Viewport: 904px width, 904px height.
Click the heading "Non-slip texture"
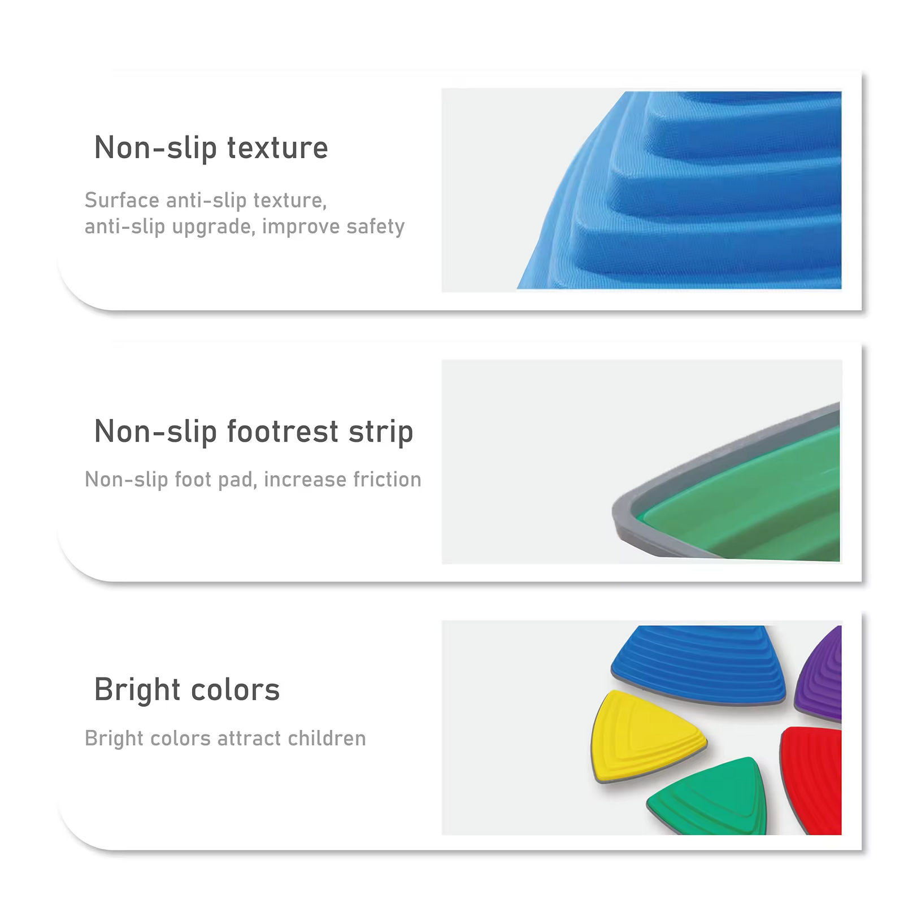(211, 148)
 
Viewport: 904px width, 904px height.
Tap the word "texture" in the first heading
(277, 148)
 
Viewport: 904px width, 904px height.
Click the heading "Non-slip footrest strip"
(254, 432)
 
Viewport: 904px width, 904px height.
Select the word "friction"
(387, 479)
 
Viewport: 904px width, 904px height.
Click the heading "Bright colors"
(187, 690)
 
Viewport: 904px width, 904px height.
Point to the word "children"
(327, 738)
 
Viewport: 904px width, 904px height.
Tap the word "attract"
(249, 738)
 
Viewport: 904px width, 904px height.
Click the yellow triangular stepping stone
(644, 736)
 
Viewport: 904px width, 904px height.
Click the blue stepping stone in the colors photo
(698, 665)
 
